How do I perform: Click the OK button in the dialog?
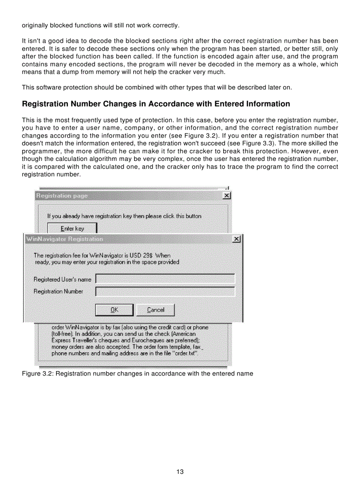(x=114, y=310)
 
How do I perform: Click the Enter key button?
(x=72, y=228)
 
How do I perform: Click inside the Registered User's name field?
(x=165, y=279)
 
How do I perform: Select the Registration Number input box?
(x=165, y=291)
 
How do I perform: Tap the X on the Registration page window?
(x=227, y=196)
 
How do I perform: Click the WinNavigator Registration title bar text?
(x=64, y=239)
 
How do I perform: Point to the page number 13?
(x=180, y=472)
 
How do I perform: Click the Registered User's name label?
(x=62, y=279)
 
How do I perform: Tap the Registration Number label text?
(x=58, y=291)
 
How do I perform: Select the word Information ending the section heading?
(x=267, y=104)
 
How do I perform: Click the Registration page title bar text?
(x=62, y=196)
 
